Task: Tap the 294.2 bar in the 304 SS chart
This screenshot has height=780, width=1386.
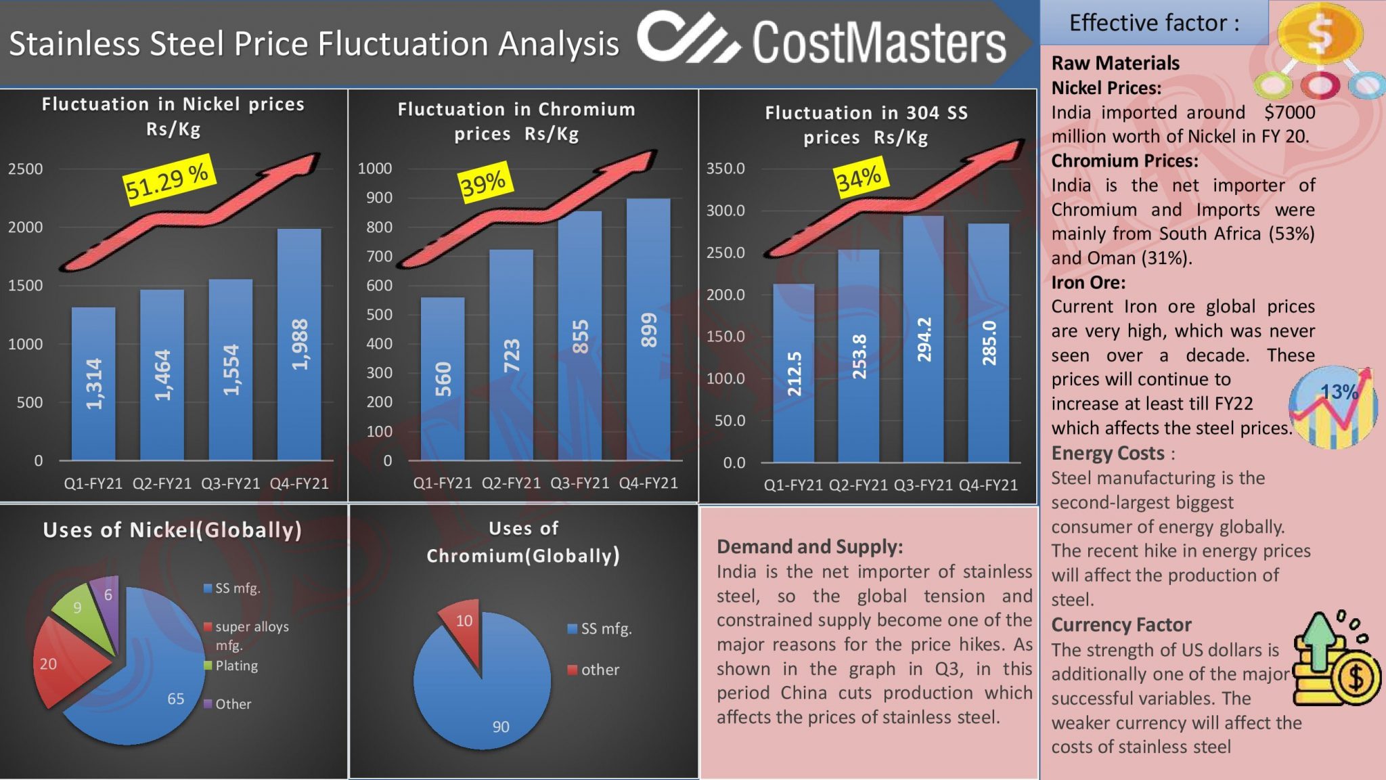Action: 923,339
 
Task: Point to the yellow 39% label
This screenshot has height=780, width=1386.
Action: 483,182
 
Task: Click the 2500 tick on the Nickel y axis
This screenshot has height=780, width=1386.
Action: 25,169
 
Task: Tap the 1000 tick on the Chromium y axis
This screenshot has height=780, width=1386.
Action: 374,168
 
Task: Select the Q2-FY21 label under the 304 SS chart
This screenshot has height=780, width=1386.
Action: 857,485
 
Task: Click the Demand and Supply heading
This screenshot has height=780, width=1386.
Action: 809,546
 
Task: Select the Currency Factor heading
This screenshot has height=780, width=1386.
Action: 1121,624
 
